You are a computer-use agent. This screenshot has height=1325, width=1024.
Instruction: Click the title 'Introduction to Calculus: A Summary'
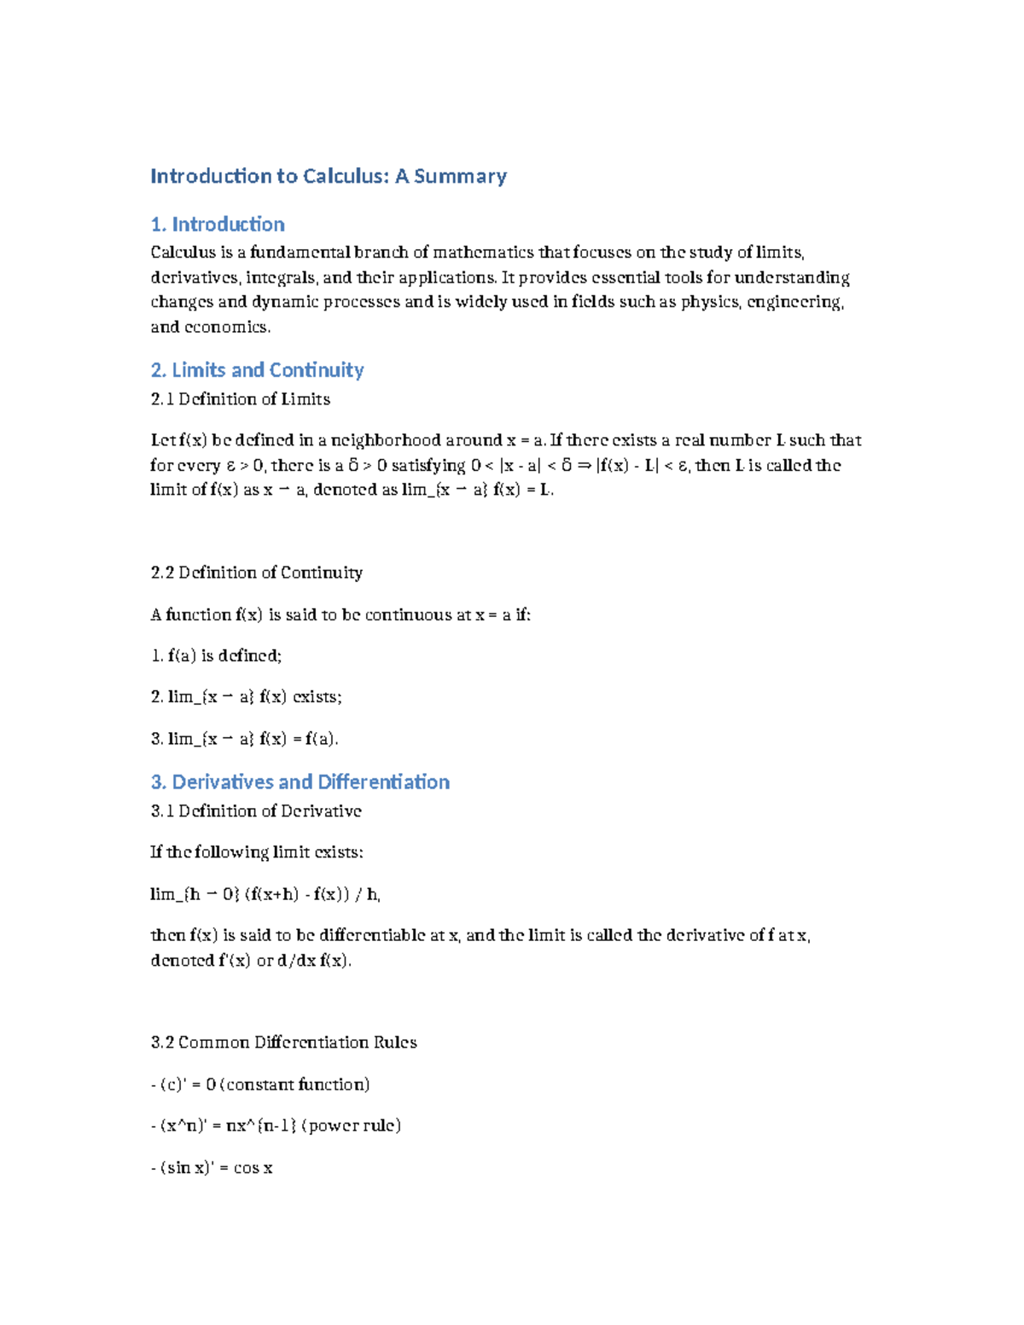(x=329, y=177)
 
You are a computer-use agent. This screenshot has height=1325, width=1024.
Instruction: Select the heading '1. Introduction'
(x=218, y=224)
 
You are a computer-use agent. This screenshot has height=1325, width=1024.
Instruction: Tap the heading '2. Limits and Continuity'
(x=257, y=370)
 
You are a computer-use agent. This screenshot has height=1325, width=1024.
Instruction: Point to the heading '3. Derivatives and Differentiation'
(x=300, y=782)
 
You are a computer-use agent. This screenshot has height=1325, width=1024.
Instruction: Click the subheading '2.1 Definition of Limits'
(x=240, y=399)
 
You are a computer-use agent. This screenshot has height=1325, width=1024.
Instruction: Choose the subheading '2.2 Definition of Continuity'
(x=256, y=572)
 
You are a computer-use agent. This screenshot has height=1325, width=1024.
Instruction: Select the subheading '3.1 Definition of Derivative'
(x=255, y=811)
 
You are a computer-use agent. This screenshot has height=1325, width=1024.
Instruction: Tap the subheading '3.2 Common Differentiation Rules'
(x=283, y=1043)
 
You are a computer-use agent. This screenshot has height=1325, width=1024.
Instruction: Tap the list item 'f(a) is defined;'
(x=216, y=656)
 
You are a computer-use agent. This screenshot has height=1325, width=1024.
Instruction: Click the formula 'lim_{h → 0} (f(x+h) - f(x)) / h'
(x=265, y=894)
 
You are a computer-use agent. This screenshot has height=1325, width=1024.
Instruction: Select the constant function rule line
(x=260, y=1084)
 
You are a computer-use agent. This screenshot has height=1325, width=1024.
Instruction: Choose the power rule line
(x=276, y=1126)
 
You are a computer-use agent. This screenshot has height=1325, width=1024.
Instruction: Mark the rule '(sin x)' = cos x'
(x=212, y=1168)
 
